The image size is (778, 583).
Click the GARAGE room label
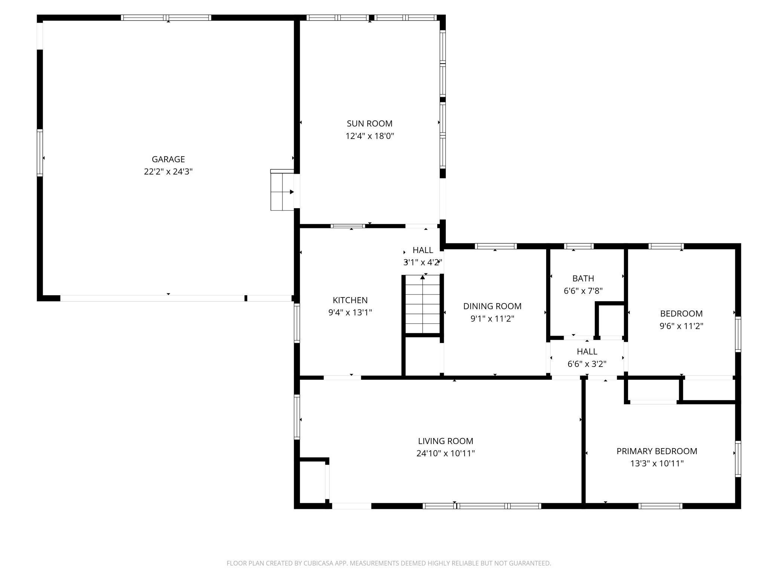(x=168, y=159)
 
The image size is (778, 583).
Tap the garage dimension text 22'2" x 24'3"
(x=168, y=172)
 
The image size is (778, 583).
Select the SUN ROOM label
(x=370, y=123)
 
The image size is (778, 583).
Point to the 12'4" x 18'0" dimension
(x=370, y=136)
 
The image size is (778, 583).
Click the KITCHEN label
(x=350, y=300)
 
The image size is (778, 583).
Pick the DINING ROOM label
(x=492, y=306)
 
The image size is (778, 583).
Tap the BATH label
(x=583, y=278)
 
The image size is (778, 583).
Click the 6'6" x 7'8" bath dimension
(x=583, y=291)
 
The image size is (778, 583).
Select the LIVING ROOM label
(x=445, y=441)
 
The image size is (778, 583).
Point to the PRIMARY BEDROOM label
(x=657, y=451)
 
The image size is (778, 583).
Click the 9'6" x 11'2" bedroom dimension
(x=681, y=326)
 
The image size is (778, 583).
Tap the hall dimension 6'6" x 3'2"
(x=587, y=364)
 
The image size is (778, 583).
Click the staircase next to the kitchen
(x=423, y=305)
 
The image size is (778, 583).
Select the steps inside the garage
(x=282, y=191)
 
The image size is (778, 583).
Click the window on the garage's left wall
(x=40, y=152)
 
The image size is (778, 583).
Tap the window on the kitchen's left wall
(x=297, y=323)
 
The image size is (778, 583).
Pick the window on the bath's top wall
(x=579, y=246)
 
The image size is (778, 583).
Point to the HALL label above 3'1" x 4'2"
(x=423, y=250)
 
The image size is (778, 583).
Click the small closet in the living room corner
(x=313, y=482)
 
